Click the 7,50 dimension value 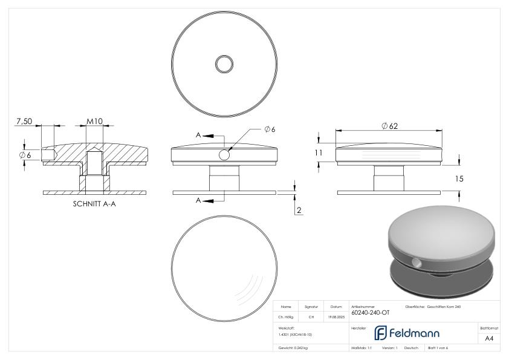(x=24, y=121)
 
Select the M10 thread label (x=94, y=121)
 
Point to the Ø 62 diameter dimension (x=389, y=126)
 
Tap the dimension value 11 (x=319, y=153)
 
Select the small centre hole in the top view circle (x=224, y=64)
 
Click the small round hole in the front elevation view (x=224, y=155)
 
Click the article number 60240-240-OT (x=370, y=312)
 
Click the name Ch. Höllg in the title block (x=287, y=316)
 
